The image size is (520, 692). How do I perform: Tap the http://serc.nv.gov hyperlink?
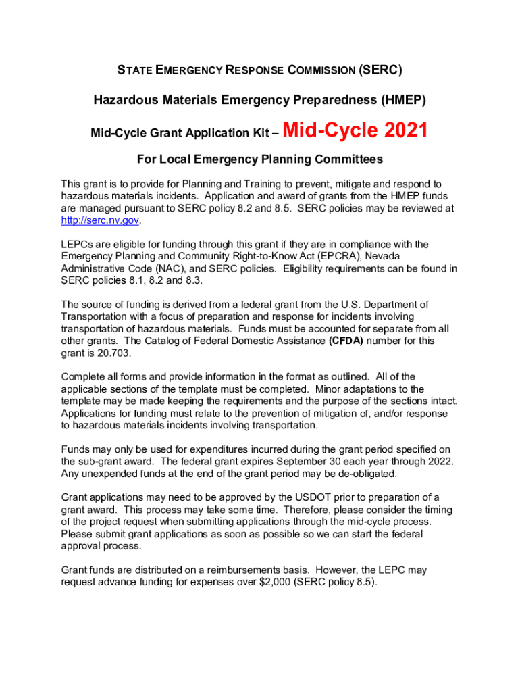pos(99,221)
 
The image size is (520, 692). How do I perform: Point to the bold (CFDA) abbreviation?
pos(346,341)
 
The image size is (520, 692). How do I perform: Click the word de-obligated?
pos(360,474)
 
